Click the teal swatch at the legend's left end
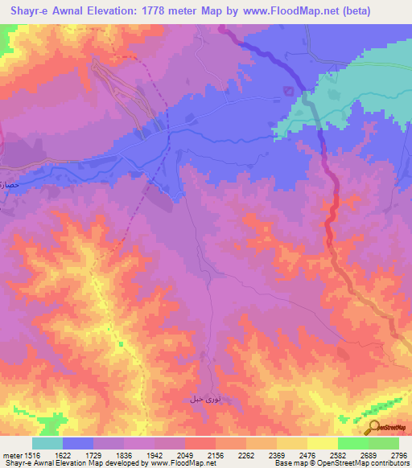click(x=47, y=443)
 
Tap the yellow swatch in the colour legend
click(x=322, y=443)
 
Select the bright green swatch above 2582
click(x=352, y=443)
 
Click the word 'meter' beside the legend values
click(x=10, y=454)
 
